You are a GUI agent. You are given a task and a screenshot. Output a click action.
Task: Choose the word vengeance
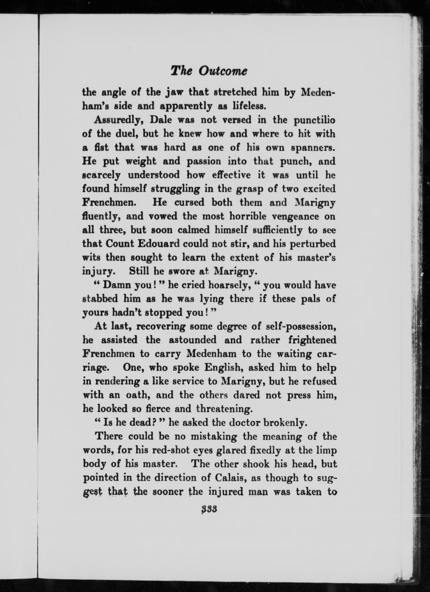point(286,217)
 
